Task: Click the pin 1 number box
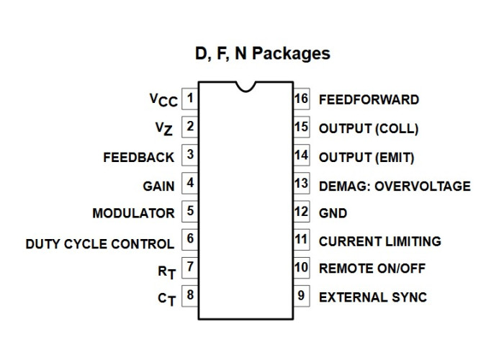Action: pyautogui.click(x=190, y=99)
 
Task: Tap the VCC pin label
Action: pyautogui.click(x=163, y=100)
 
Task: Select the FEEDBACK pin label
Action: pyautogui.click(x=138, y=158)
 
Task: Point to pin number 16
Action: pyautogui.click(x=302, y=99)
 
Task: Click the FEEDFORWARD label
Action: pyautogui.click(x=369, y=99)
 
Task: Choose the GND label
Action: pyautogui.click(x=333, y=213)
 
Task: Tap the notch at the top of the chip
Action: pyautogui.click(x=246, y=86)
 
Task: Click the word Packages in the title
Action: pyautogui.click(x=291, y=53)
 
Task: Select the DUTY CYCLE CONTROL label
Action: pyautogui.click(x=100, y=244)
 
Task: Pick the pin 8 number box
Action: pyautogui.click(x=190, y=296)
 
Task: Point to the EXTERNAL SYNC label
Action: pyautogui.click(x=373, y=297)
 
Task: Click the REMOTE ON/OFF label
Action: pyautogui.click(x=372, y=269)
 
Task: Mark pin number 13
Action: pyautogui.click(x=302, y=184)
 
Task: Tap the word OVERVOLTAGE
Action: pyautogui.click(x=423, y=186)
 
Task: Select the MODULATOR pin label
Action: pyautogui.click(x=133, y=213)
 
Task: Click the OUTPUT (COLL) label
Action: pyautogui.click(x=369, y=129)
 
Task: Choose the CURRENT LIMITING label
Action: pyautogui.click(x=380, y=241)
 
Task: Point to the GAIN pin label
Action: pyautogui.click(x=158, y=186)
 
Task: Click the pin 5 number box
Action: pyautogui.click(x=190, y=212)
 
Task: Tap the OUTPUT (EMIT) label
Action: pyautogui.click(x=366, y=158)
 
